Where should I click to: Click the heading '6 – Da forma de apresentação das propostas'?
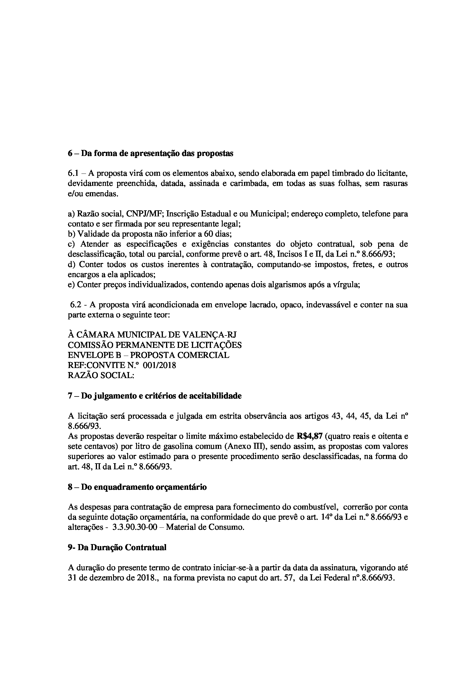coord(150,154)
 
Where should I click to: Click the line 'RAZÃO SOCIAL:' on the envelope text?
coord(101,375)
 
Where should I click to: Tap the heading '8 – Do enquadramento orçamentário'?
coord(137,487)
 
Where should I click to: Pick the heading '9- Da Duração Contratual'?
coord(117,547)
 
